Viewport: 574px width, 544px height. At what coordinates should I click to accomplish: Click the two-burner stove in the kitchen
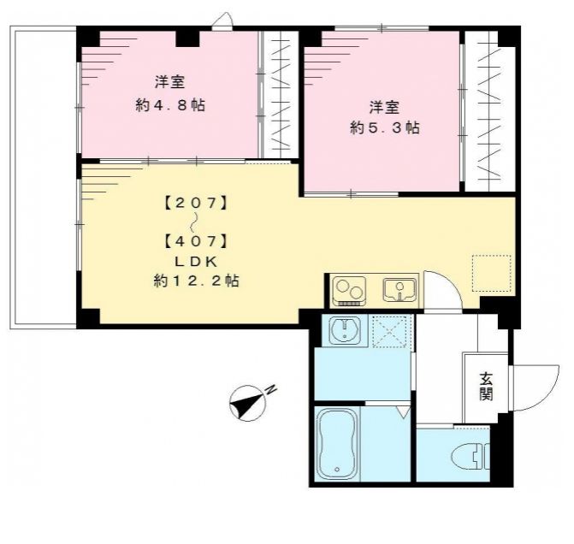[x=348, y=291]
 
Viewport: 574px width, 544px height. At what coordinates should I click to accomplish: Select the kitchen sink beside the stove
[x=399, y=291]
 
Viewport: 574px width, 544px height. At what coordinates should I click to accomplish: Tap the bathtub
[x=336, y=443]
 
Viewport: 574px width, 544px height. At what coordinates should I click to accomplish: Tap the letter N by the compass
[x=270, y=390]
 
